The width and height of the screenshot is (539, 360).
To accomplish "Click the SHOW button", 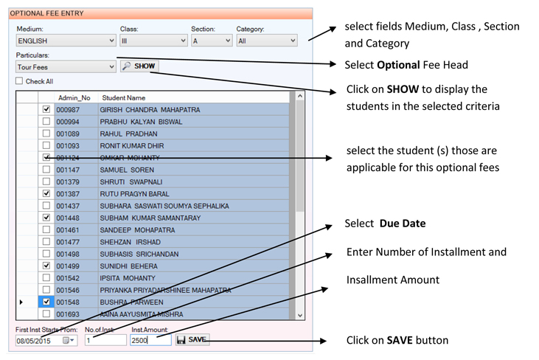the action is (139, 66).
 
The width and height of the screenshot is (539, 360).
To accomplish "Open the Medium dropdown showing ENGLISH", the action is (66, 41).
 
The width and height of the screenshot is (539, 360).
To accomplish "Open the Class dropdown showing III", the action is (153, 41).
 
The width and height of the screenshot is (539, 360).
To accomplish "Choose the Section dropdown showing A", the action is (212, 41).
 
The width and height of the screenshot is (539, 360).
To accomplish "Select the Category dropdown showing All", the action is (267, 41).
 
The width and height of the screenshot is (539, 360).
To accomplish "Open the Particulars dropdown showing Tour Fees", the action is (66, 66).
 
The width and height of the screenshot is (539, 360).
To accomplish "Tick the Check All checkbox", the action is (19, 81).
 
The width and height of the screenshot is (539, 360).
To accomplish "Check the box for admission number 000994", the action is (46, 122).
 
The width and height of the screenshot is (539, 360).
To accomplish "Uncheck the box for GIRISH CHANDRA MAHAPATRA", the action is (46, 109).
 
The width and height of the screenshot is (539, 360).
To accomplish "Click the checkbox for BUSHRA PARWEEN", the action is (46, 302).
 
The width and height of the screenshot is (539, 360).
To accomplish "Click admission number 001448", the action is (68, 218).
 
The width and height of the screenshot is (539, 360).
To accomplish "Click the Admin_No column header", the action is (74, 97).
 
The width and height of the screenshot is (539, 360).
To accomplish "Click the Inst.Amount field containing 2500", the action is (150, 340).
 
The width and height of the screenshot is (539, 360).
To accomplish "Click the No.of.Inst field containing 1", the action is (105, 340).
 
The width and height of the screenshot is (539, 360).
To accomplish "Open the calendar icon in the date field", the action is (68, 340).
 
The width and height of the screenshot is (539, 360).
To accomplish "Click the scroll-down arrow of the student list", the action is (300, 315).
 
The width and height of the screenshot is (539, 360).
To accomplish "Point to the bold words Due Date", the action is (403, 224).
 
